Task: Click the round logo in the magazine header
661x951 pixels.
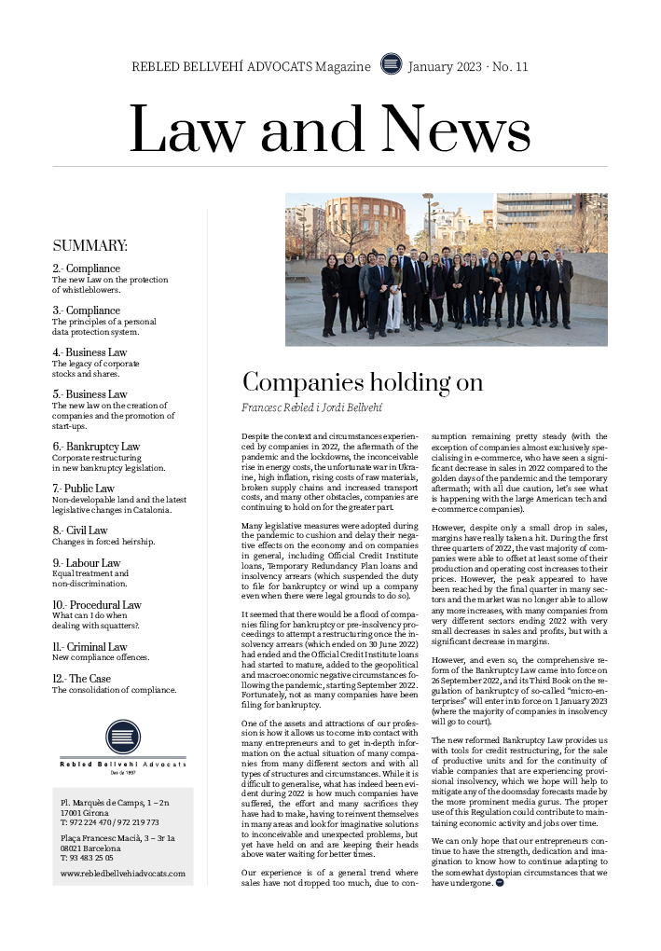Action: [392, 65]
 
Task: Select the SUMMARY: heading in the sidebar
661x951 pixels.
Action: [90, 246]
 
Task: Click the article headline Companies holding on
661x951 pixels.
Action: [363, 382]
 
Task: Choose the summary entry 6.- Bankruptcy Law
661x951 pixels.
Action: [96, 447]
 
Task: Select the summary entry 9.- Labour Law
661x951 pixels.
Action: [86, 563]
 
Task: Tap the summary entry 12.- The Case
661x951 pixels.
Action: [82, 679]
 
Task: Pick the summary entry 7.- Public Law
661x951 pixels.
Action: [83, 489]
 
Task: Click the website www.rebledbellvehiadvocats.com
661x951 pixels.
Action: [123, 874]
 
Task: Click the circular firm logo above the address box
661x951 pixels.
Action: [123, 737]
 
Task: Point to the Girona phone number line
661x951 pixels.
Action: [110, 822]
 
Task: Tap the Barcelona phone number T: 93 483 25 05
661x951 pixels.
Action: [87, 858]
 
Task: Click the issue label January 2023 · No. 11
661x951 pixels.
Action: [468, 66]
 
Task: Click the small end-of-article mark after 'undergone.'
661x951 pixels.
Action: [500, 883]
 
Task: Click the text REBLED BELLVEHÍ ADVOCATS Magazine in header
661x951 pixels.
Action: [252, 66]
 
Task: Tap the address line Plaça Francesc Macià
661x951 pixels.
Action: [117, 838]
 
